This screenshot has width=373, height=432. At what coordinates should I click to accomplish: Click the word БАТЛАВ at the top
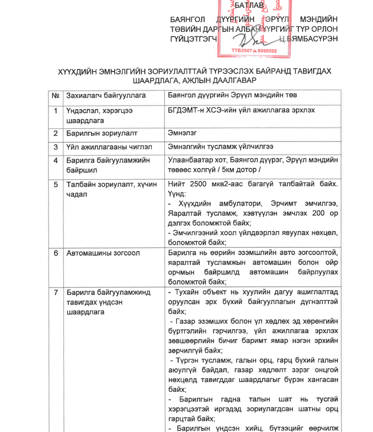tap(249, 6)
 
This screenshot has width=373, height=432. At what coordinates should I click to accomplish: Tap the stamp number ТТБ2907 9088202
tap(255, 50)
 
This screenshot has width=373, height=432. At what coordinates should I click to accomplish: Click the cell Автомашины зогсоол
tap(103, 253)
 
